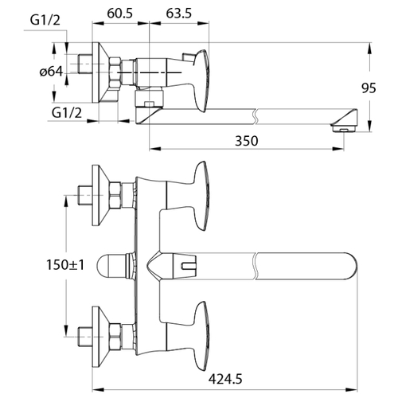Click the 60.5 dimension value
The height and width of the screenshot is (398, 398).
[x=119, y=14]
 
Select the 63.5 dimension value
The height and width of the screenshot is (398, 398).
[x=179, y=14]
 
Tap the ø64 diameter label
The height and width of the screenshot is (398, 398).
[x=51, y=72]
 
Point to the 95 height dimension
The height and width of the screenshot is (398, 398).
[x=369, y=88]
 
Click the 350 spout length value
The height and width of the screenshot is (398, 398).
[x=247, y=141]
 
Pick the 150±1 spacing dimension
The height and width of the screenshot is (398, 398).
[x=65, y=264]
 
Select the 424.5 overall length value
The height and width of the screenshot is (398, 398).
[x=225, y=379]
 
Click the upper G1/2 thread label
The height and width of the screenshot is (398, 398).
[x=45, y=20]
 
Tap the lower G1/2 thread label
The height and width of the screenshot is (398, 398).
[x=67, y=113]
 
